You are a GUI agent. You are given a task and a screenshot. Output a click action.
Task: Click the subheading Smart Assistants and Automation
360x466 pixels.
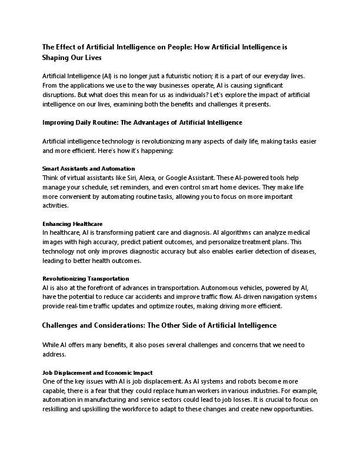point(89,168)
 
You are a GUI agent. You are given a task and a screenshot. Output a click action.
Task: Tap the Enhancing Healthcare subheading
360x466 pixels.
point(72,224)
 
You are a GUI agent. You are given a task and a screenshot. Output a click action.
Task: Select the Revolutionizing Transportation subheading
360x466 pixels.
point(86,278)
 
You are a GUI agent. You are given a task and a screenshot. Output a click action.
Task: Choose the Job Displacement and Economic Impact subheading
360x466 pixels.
point(98,372)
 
